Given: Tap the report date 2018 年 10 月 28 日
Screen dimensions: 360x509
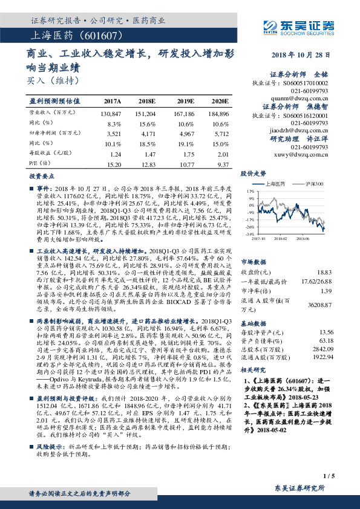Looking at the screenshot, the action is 303,55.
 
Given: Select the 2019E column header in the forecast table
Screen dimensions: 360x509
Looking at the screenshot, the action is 185,102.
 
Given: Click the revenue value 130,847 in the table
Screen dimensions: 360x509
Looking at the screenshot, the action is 113,113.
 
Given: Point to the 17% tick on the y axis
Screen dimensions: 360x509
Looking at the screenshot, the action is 250,190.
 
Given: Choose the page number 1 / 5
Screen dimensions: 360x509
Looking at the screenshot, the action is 329,476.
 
